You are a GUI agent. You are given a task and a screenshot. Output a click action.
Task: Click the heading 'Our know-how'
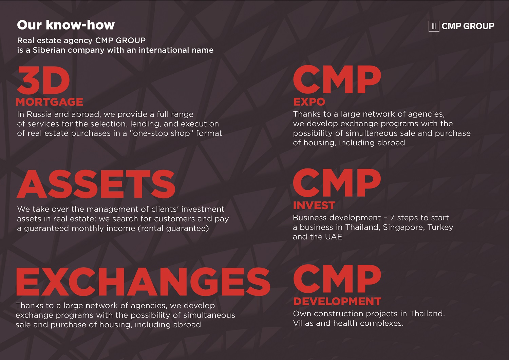point(66,25)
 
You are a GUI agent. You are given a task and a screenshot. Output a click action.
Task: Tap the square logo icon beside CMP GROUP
point(434,26)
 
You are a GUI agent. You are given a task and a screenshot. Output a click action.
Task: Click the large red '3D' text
point(43,80)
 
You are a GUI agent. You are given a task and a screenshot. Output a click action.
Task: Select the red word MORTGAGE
point(50,102)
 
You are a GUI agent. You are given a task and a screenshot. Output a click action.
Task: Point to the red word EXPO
point(309,102)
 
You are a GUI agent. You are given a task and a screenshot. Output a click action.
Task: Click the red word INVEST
point(314,205)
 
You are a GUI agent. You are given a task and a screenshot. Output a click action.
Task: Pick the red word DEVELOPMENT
point(337,301)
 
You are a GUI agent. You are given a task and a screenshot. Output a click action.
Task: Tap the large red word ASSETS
point(96,184)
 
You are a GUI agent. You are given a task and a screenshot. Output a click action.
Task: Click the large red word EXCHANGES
point(143,282)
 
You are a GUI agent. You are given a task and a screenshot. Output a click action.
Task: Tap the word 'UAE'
point(334,237)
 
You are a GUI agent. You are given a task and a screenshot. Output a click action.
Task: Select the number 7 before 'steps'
point(392,218)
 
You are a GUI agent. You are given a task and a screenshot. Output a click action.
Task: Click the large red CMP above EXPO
point(337,79)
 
